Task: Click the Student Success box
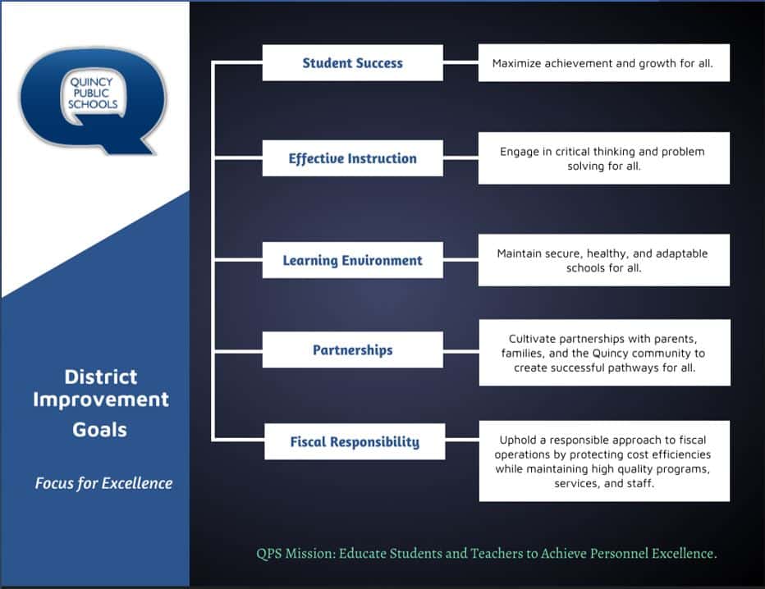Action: click(353, 63)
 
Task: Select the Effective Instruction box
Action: click(353, 158)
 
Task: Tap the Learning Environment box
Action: click(353, 260)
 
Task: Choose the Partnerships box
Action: click(353, 349)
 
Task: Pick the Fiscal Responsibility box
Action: click(355, 441)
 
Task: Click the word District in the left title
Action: click(101, 377)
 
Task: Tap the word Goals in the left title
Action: click(100, 430)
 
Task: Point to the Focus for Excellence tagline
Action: click(103, 483)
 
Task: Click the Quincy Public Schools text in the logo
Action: click(92, 94)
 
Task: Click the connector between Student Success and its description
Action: click(460, 62)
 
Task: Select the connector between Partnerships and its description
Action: click(461, 350)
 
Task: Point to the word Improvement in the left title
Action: click(101, 400)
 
